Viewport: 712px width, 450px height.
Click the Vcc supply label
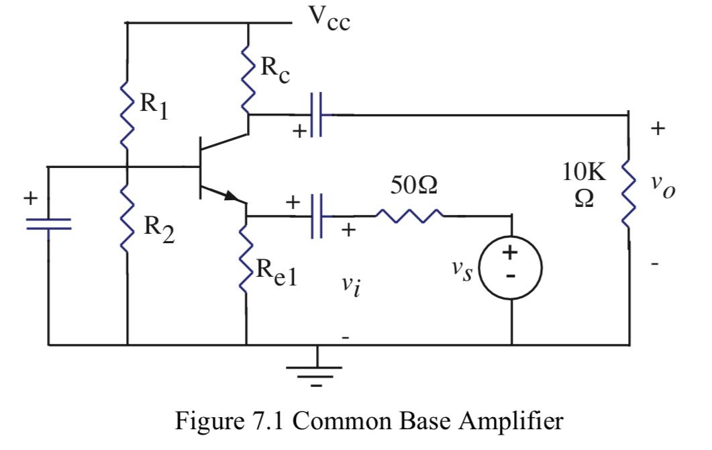(x=329, y=19)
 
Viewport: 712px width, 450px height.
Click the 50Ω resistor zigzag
(x=409, y=215)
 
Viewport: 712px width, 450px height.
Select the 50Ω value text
(x=413, y=186)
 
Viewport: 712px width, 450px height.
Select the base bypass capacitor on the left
(x=48, y=224)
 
